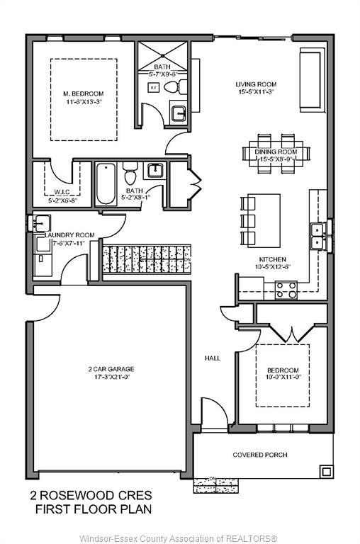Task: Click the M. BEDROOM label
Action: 83,93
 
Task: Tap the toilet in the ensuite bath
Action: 172,87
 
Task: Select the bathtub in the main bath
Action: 106,183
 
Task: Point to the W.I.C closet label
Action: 62,191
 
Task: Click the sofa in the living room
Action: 310,79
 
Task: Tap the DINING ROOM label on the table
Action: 276,152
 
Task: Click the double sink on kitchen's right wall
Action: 316,236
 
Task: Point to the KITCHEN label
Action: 272,259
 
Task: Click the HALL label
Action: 212,358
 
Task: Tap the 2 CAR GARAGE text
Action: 111,369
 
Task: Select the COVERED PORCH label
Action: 259,455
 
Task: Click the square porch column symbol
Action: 325,471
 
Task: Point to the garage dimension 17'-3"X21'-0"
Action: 111,378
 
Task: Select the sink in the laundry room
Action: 35,223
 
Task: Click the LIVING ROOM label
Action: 255,84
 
